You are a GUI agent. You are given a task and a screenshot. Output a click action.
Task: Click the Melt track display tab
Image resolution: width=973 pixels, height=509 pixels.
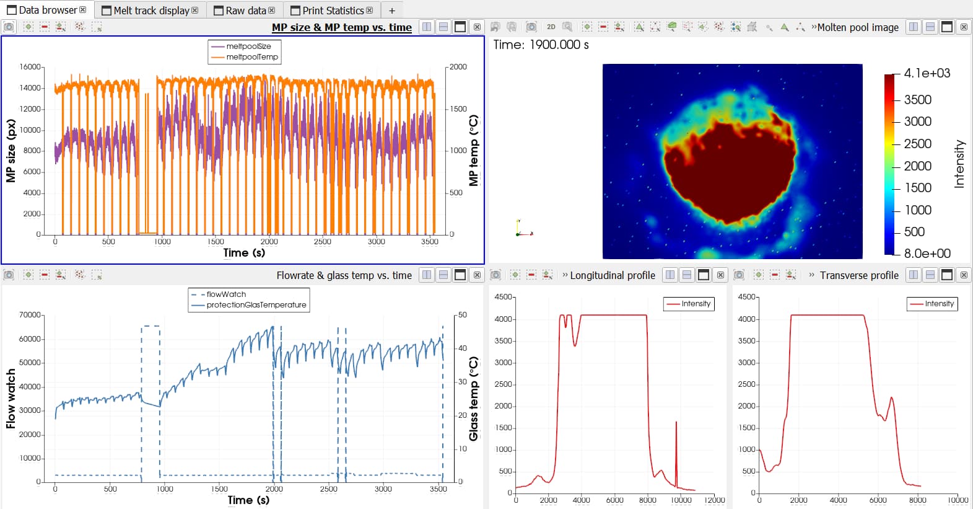151,11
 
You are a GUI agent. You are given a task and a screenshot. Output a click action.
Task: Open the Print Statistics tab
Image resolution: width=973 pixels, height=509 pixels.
333,11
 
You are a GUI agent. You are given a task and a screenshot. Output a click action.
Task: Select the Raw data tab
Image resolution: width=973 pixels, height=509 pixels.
245,11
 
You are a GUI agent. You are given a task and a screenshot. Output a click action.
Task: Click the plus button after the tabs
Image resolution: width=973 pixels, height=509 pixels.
392,11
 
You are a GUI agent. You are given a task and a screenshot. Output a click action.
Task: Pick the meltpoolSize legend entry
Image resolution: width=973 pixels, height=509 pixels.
248,46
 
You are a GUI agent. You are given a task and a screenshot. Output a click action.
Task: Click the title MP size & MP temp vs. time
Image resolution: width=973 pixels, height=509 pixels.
341,27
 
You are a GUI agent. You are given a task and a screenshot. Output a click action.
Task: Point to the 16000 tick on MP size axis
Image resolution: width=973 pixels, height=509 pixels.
30,67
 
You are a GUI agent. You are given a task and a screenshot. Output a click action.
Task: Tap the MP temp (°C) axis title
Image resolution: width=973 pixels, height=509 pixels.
474,151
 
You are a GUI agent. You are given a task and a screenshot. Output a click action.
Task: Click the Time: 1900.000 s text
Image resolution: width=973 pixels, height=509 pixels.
541,45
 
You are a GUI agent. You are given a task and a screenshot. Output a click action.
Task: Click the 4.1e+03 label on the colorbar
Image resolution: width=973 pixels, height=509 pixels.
927,73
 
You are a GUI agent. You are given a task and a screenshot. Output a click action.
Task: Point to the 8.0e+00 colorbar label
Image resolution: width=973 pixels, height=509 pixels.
927,253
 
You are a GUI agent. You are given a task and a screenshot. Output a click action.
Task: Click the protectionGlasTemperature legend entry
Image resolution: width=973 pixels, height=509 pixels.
256,305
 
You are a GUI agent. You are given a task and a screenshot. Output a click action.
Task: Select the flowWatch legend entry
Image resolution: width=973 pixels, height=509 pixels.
226,294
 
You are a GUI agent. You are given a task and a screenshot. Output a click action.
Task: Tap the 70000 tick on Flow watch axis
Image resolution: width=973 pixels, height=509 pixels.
30,315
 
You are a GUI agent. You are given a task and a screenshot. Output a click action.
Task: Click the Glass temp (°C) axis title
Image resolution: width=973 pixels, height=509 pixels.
474,399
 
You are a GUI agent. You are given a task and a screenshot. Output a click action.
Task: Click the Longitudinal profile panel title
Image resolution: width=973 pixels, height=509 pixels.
612,275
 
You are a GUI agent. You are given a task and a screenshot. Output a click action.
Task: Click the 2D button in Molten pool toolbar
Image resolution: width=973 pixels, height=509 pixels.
551,27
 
